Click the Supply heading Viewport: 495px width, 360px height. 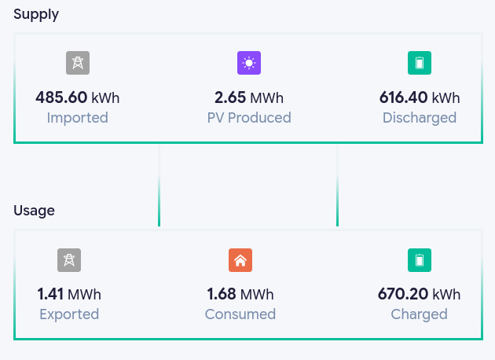coord(36,15)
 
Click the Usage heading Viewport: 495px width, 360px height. coord(34,211)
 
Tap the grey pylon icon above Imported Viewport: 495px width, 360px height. coord(78,63)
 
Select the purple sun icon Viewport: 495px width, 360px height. coord(249,63)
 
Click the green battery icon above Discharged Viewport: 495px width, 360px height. coord(420,63)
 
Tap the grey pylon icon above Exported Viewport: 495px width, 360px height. coord(69,260)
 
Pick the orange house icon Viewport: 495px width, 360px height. coord(240,260)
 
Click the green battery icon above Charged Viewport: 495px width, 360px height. coord(420,260)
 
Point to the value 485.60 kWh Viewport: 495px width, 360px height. coord(78,97)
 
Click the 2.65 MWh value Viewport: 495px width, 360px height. coord(249,97)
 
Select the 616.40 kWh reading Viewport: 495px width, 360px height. coord(420,97)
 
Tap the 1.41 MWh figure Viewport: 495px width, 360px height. coord(69,294)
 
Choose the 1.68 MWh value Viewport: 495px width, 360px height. coord(240,294)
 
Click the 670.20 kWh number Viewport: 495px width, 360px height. coord(420,294)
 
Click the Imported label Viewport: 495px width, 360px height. coord(78,118)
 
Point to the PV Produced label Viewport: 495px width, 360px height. coord(249,118)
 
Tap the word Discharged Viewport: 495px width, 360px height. coord(420,118)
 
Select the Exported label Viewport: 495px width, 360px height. coord(69,315)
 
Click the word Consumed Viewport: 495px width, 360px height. coord(240,314)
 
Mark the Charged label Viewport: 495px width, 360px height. coord(420,315)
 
